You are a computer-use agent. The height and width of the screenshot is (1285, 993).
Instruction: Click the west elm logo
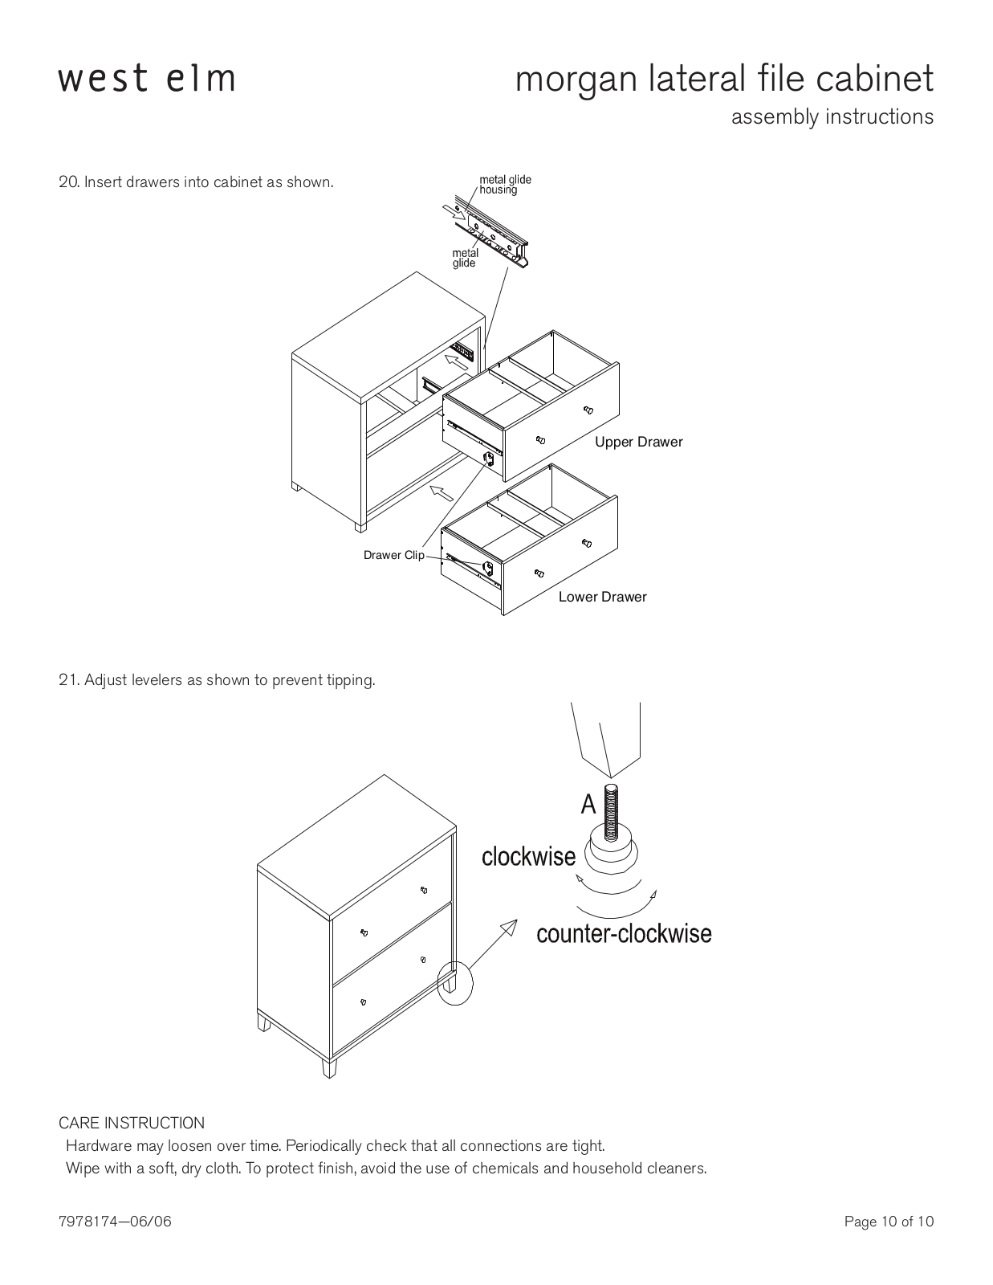point(147,80)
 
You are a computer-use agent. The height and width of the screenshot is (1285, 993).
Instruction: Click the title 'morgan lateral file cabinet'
point(724,80)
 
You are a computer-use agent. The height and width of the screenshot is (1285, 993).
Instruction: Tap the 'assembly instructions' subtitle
point(832,117)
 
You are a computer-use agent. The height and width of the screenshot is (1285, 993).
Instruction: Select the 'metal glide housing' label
point(505,185)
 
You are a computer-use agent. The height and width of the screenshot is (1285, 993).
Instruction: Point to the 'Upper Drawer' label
point(638,442)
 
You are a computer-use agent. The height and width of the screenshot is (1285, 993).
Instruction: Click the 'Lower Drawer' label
point(602,597)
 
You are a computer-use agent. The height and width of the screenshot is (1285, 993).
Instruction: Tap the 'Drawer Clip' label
point(393,555)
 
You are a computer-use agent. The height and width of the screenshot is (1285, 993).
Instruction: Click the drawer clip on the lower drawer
point(487,569)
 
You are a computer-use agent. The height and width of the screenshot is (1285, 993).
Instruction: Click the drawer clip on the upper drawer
point(489,459)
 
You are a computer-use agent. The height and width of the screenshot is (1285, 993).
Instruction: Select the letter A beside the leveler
point(588,804)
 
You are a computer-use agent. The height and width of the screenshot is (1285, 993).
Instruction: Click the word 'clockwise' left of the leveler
point(528,856)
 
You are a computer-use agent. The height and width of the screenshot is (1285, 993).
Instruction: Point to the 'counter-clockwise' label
point(625,934)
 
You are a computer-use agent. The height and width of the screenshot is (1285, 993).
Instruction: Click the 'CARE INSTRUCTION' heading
point(131,1123)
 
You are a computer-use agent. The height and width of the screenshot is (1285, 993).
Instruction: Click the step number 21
point(68,680)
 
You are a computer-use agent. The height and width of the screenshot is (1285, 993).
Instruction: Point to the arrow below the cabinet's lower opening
point(442,492)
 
